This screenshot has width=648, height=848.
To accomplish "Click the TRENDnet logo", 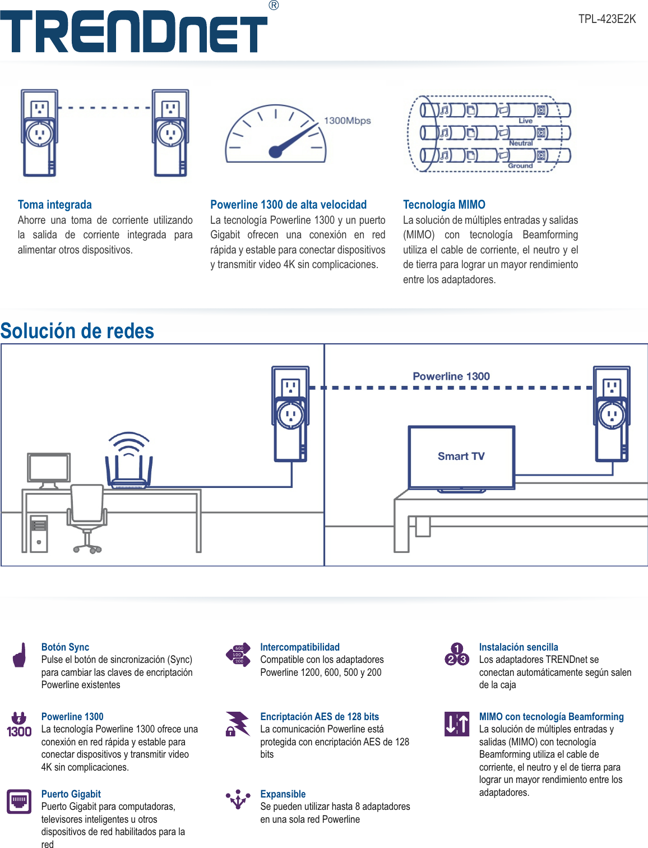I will pos(133,31).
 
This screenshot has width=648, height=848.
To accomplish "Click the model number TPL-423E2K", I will pos(607,19).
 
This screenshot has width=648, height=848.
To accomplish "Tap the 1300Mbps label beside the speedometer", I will pos(347,121).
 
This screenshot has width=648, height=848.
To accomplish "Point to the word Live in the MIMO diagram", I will pos(525,121).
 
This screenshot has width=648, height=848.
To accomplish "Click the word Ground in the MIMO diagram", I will pos(520,165).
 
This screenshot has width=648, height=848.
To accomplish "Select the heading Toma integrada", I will pos(54,205).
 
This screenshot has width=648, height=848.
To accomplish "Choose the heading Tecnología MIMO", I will pos(444,205).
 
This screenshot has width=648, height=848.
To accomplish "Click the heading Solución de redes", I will pos(77,331).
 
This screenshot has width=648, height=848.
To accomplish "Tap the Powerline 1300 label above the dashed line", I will pos(451,376).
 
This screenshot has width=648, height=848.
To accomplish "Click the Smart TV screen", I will pos(461,457).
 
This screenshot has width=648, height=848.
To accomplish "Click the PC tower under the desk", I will pos(39,533).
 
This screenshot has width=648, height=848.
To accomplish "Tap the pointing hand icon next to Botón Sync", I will pos(20,655).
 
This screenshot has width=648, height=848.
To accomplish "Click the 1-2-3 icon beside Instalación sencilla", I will pos(457,655).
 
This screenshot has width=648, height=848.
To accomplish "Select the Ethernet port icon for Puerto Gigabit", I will pos(19,801).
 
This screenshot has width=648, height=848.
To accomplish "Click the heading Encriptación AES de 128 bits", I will pos(319,717).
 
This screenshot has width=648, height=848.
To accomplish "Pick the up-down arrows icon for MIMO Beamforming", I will pos(457,724).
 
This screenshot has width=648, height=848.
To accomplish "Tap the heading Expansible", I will pos(283,794).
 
